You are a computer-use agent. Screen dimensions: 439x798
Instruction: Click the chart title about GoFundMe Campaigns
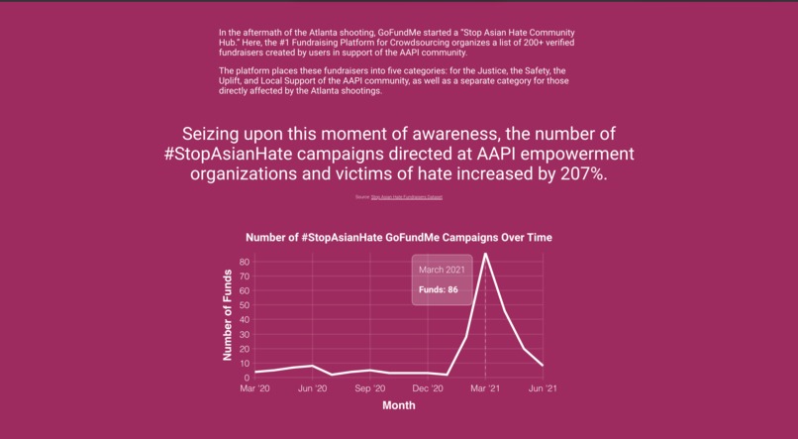(x=398, y=238)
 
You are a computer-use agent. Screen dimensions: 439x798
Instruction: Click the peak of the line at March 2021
(x=485, y=254)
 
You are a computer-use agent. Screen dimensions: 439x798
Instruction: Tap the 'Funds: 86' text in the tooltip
(x=438, y=290)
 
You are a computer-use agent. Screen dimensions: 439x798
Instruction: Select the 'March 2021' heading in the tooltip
(x=441, y=270)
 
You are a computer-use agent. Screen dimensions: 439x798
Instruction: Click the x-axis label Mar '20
(x=254, y=388)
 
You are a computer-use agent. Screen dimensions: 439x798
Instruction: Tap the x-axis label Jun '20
(x=313, y=388)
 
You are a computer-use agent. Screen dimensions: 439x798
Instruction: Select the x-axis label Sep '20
(x=370, y=388)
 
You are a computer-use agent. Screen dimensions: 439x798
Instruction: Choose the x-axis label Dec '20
(x=428, y=388)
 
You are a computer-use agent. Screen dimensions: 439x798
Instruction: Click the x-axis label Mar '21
(x=485, y=388)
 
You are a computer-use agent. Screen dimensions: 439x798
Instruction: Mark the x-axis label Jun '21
(x=543, y=388)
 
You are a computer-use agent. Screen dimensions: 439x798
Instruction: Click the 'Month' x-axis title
(x=398, y=404)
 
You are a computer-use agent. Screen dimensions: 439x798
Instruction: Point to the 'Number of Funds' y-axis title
(x=228, y=314)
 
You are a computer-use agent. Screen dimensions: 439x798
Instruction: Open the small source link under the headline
(x=406, y=197)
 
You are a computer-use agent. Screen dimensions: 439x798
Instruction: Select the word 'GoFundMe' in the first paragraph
(x=400, y=33)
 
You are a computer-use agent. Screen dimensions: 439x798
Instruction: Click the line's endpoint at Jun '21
(x=543, y=366)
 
